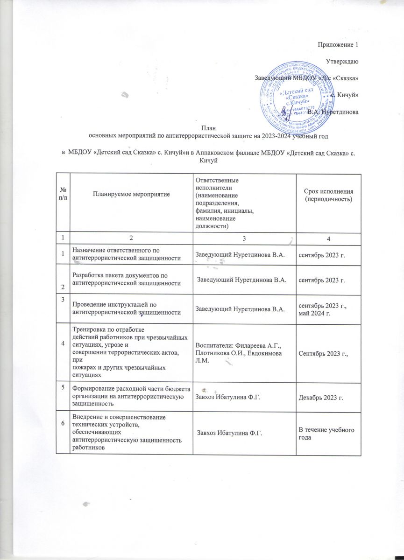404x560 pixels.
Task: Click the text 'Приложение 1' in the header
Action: click(x=338, y=45)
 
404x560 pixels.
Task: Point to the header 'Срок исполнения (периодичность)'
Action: click(x=326, y=196)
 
